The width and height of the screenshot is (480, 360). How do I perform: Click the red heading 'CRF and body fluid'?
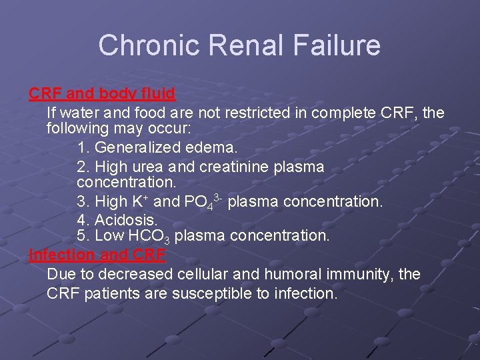(102, 93)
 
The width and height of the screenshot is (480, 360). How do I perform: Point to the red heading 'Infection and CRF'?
(97, 255)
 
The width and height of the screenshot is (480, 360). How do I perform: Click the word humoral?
(298, 274)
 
